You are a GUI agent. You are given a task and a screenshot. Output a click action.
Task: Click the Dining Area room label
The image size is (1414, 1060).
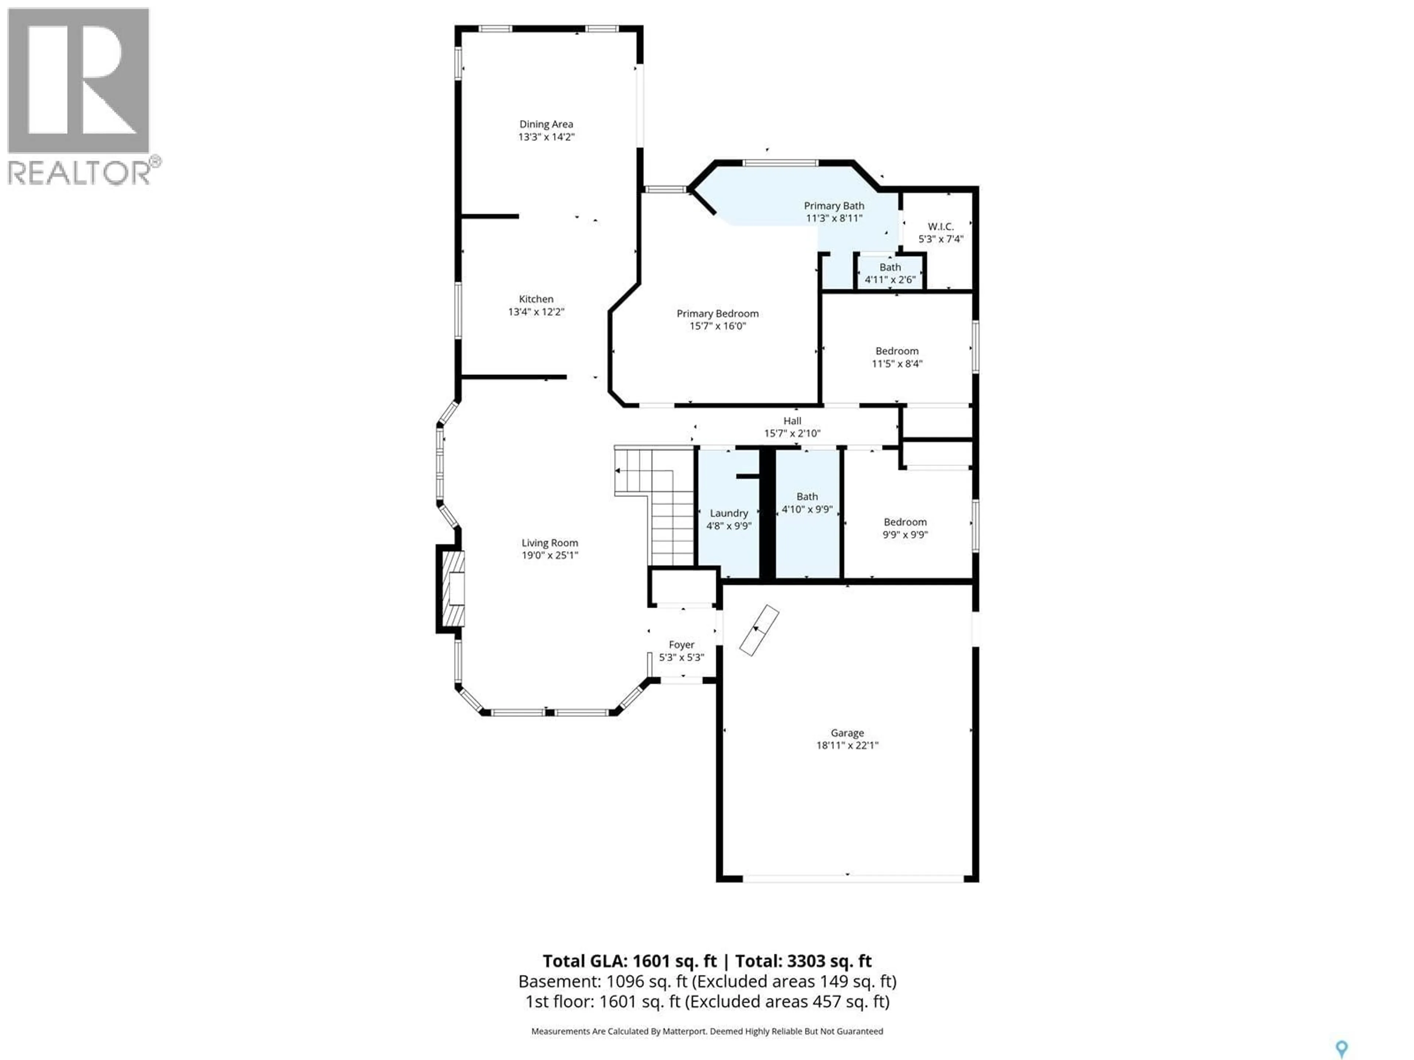pos(546,124)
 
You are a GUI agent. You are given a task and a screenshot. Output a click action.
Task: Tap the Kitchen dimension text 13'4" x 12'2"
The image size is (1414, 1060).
pos(536,312)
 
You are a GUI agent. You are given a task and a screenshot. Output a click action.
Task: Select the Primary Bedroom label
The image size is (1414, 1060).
pos(717,313)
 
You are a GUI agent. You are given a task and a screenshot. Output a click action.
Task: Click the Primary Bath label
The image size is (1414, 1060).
pos(834,206)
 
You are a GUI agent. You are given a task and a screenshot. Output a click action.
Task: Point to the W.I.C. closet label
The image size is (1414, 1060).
pos(940,226)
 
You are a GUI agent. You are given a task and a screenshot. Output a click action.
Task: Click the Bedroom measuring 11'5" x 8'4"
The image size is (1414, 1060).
pos(897,357)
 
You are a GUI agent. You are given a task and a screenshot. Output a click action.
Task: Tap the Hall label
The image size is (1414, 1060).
pos(792,420)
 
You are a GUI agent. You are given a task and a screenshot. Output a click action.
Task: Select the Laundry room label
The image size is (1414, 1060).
pos(728,513)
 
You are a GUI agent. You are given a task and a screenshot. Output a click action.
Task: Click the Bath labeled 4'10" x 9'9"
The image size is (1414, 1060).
pos(807,503)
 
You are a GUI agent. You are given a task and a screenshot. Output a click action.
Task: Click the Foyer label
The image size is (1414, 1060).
pos(682,645)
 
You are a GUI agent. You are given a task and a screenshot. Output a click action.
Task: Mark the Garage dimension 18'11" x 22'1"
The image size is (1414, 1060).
pos(847,745)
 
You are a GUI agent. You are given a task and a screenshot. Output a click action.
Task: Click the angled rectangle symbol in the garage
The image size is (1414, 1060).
pos(759,630)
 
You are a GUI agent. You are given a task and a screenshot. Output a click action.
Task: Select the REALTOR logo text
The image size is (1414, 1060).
pos(80,173)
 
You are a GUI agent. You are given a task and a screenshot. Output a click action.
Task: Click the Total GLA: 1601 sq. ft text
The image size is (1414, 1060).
pos(630,961)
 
